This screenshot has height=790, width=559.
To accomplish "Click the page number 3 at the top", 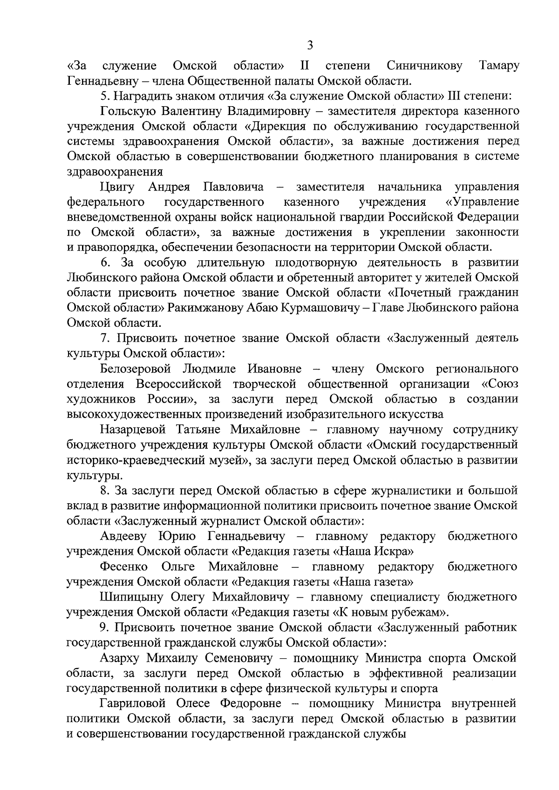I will coord(310,45).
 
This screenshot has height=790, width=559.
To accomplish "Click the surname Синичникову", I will coord(424,66).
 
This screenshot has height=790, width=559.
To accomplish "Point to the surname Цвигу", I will coord(117,187).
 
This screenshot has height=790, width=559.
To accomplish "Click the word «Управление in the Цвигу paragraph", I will coord(482,202).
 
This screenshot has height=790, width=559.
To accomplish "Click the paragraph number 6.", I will coord(106,263).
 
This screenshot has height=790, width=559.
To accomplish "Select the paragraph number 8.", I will coord(105,490).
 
